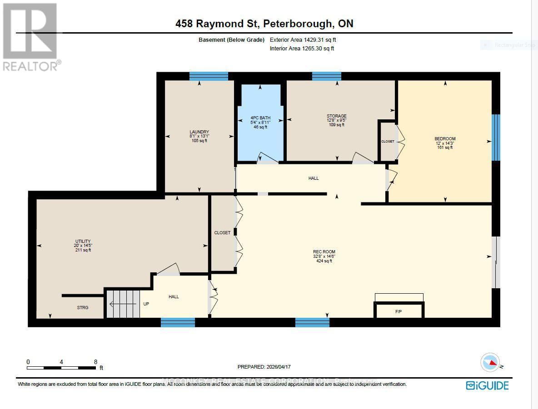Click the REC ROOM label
point(324,252)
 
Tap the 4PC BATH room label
point(260,118)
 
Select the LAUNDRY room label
point(199,132)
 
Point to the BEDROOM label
point(445,139)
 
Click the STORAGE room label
point(336,116)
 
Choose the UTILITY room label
point(83,241)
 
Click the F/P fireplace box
point(399,311)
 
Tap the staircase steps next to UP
point(123,304)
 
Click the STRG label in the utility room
point(82,307)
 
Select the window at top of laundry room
point(209,76)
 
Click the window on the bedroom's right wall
point(496,138)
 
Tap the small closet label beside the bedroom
point(388,142)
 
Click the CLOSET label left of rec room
point(222,233)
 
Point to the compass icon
point(490,363)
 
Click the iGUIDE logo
point(487,385)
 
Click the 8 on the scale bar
point(95,362)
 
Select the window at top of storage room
point(326,76)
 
